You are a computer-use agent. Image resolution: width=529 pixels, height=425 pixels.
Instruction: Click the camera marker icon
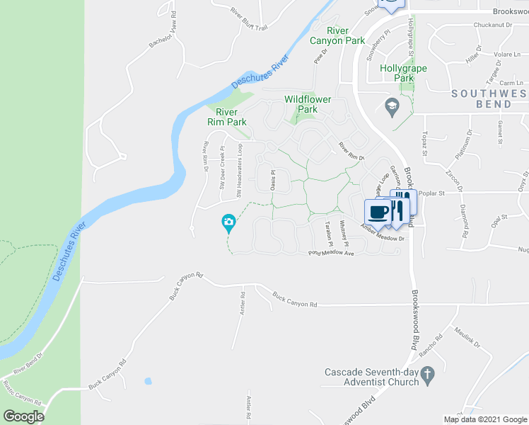tap(228, 223)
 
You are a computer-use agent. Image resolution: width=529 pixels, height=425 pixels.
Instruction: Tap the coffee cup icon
tap(377, 212)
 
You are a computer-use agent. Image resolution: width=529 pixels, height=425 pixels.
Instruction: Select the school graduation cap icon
tap(390, 107)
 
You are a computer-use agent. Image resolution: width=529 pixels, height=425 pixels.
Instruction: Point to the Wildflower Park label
tap(308, 104)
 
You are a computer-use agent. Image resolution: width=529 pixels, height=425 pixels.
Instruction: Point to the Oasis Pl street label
tap(272, 179)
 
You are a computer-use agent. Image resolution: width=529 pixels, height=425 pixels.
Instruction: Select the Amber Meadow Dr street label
tap(382, 233)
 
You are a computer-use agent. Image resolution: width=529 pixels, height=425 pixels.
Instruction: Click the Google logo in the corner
tap(23, 416)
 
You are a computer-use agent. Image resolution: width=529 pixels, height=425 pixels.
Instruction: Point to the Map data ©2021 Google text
tap(485, 419)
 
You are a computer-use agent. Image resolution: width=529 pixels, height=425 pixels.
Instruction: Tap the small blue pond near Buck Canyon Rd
tap(148, 381)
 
